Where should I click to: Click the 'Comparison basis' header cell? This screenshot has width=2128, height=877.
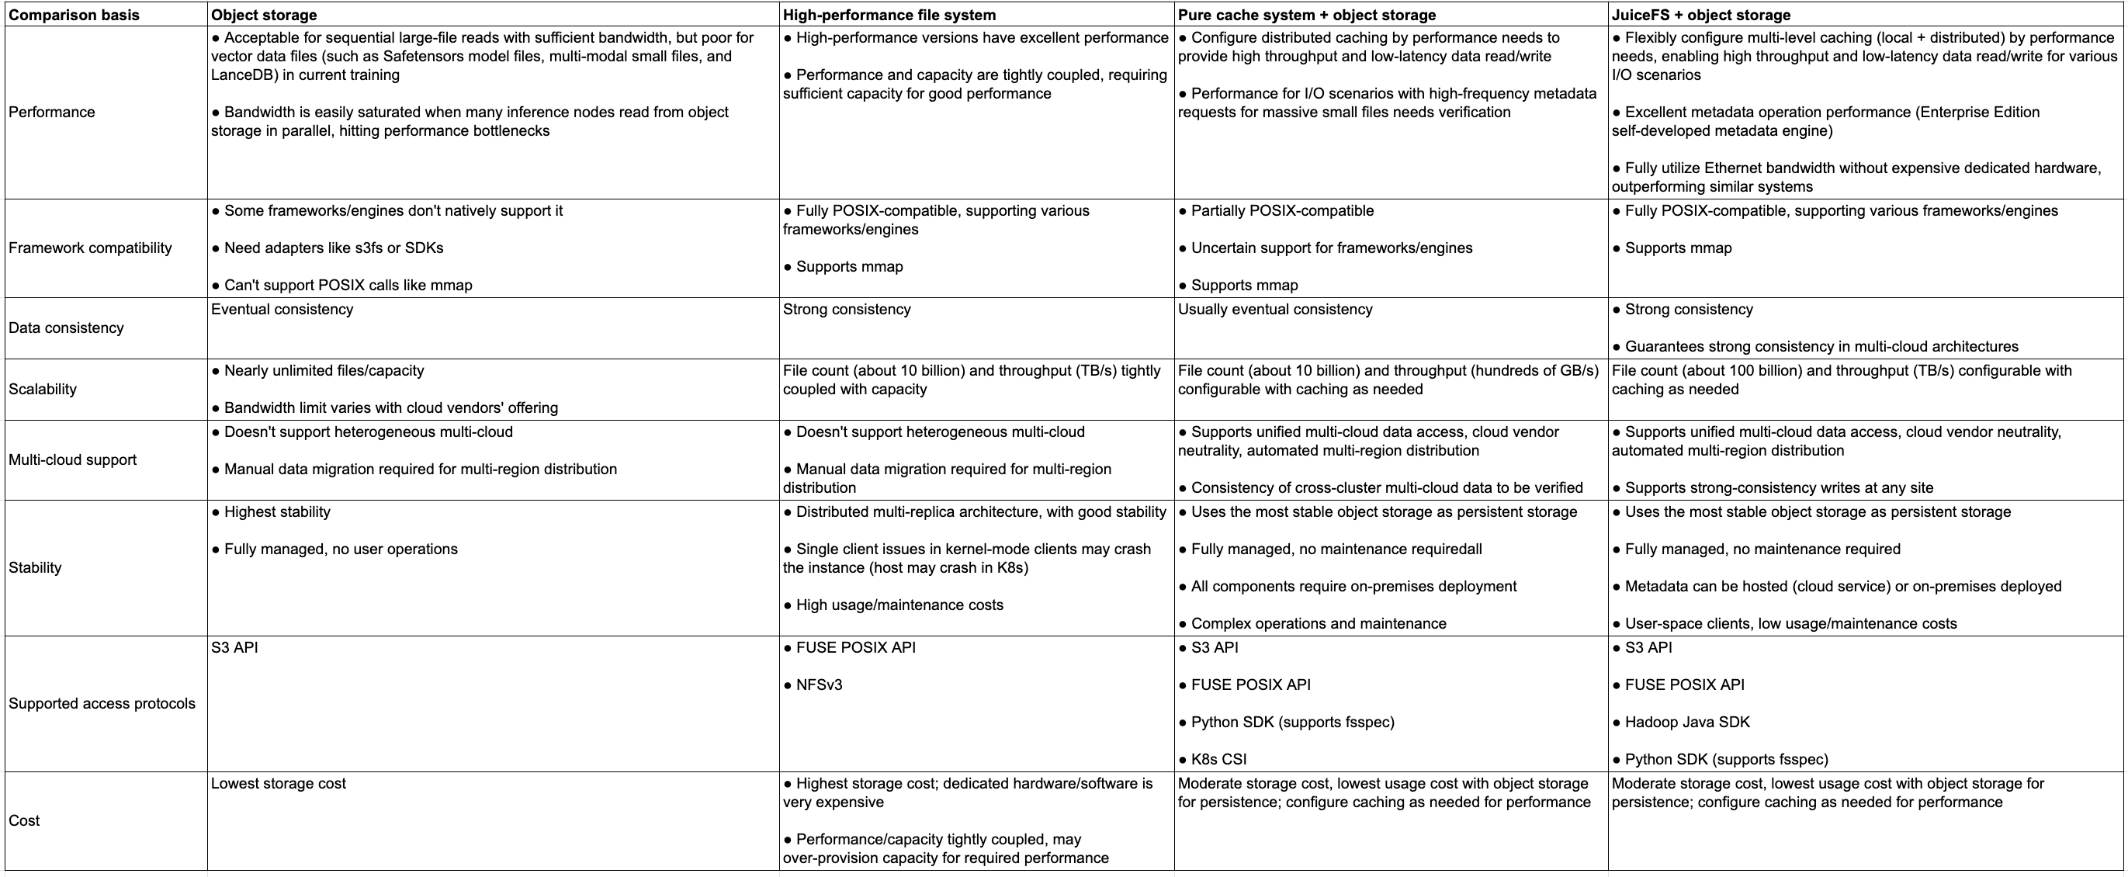pos(74,15)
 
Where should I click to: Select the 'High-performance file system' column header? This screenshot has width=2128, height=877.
pos(889,15)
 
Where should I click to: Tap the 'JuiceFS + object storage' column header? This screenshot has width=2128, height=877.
pos(1701,15)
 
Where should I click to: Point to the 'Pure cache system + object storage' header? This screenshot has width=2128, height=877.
pos(1307,15)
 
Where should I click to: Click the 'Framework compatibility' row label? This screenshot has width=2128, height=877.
pos(90,248)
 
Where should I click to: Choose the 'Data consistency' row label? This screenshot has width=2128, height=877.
pos(66,328)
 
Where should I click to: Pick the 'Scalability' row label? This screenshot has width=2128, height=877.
pos(42,389)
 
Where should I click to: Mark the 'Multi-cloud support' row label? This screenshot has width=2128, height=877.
pos(73,460)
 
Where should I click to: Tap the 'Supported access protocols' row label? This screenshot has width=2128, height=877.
pos(102,704)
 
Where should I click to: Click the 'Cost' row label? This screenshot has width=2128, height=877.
pos(24,821)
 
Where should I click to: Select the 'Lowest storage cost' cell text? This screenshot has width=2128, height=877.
pos(279,784)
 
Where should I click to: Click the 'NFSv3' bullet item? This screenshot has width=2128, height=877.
pos(819,685)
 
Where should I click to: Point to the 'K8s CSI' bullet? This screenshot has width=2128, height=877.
pos(1218,760)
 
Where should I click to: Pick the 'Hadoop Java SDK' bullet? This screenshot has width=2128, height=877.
pos(1687,723)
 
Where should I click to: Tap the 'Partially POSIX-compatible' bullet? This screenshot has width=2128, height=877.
pos(1282,211)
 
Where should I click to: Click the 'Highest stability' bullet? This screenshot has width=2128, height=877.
pos(277,512)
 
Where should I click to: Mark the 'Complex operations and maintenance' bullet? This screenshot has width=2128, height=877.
pos(1319,624)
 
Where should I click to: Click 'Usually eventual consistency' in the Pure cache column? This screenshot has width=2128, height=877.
pos(1274,310)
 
